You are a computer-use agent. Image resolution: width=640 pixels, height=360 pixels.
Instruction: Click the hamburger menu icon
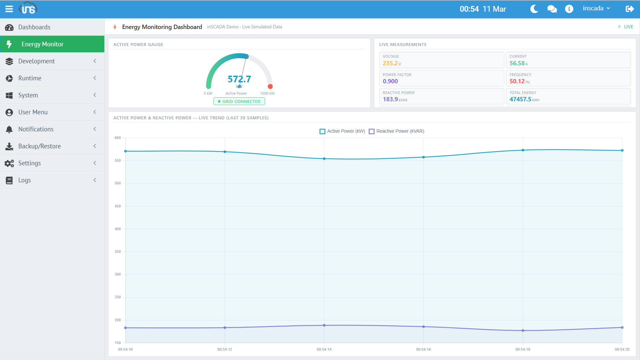tap(9, 9)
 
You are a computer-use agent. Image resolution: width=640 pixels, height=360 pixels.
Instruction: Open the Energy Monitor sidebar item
tap(42, 44)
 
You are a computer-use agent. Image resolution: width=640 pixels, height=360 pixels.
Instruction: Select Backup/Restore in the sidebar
tap(39, 146)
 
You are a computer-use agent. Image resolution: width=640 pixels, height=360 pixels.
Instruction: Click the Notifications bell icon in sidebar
tap(9, 129)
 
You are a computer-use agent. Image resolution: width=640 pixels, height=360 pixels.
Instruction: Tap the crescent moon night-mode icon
tap(534, 9)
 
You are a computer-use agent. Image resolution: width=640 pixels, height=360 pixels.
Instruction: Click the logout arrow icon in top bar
tap(629, 9)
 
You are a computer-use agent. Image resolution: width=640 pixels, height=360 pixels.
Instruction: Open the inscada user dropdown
tap(596, 8)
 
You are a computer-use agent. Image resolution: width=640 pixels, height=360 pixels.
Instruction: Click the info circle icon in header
tap(569, 9)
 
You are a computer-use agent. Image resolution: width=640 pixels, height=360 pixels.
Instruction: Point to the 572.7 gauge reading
tap(239, 79)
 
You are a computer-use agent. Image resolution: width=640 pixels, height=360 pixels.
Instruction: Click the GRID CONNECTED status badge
tap(239, 101)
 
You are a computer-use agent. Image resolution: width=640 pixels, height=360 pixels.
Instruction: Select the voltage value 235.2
tap(390, 63)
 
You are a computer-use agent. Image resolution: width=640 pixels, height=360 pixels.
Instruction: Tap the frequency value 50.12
tap(517, 81)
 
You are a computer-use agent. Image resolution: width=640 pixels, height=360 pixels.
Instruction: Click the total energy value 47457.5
tap(520, 99)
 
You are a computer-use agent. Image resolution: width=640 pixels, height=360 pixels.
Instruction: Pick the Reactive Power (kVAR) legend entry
tap(396, 131)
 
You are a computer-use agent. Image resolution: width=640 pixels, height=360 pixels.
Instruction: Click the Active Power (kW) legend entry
tap(342, 131)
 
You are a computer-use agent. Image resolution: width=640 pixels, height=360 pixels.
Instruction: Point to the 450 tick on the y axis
tap(118, 206)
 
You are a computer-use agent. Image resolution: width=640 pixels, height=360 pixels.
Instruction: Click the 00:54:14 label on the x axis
tap(324, 349)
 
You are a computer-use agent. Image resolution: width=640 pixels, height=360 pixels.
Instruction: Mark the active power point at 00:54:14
tap(324, 159)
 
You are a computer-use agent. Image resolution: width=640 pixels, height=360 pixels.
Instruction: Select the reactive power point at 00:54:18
tap(523, 331)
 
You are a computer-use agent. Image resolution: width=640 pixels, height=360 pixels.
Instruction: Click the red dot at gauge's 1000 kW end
tap(270, 87)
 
